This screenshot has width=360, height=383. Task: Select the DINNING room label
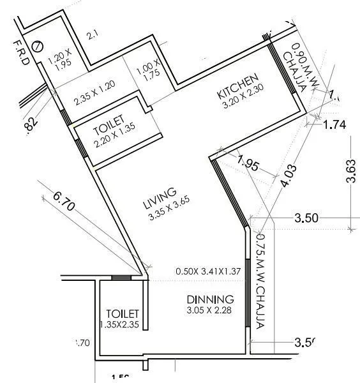(x=210, y=299)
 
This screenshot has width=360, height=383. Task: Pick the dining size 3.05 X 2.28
(x=211, y=312)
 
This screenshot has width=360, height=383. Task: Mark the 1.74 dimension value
(x=334, y=125)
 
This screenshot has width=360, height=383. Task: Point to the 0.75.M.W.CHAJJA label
(x=260, y=280)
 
